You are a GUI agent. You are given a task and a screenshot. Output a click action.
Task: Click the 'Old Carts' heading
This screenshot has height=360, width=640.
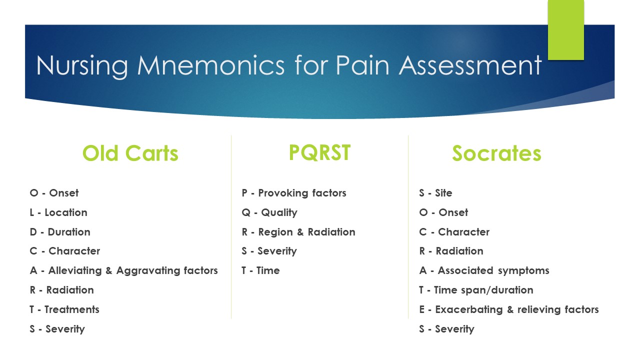coord(130,153)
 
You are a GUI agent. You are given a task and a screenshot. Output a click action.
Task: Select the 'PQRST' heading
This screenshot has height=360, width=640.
coord(319,152)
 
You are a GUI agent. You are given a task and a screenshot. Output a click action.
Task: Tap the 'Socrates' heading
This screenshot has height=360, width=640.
coord(496,153)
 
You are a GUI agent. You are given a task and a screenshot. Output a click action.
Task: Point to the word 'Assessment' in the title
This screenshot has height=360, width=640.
coord(470,65)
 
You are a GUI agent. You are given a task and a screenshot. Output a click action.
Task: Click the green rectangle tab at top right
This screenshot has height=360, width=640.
coord(565,30)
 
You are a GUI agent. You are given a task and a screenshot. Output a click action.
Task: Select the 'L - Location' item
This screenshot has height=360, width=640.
coord(58,212)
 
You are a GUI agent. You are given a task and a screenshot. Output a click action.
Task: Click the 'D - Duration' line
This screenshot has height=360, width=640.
coord(60,232)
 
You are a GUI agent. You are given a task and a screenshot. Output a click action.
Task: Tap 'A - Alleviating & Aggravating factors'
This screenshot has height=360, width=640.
coord(123,270)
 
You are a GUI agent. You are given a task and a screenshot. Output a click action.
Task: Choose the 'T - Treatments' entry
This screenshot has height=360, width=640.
coord(64,309)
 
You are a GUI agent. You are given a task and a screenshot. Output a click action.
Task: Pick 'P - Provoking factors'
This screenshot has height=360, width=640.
coord(293,193)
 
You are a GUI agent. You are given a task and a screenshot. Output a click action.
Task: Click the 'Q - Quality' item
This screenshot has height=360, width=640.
coord(269,212)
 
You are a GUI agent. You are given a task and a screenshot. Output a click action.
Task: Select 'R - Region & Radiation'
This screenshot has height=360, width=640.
coord(298,232)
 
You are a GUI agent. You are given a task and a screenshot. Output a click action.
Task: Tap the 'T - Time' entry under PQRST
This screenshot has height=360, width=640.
coord(260,270)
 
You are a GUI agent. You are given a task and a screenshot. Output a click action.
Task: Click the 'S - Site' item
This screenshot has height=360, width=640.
coord(435,193)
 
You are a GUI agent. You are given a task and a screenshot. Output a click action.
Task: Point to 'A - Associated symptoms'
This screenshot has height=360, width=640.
coord(484,270)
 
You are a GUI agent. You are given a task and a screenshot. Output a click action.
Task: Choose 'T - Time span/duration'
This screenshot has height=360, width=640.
coord(476,290)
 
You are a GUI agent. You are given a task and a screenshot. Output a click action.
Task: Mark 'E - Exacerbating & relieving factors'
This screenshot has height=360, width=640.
coord(508,309)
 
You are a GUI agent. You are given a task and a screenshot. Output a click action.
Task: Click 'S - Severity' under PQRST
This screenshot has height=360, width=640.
coord(269,251)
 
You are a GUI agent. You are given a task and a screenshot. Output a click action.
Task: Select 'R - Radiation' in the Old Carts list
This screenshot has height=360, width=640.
coord(61,290)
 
